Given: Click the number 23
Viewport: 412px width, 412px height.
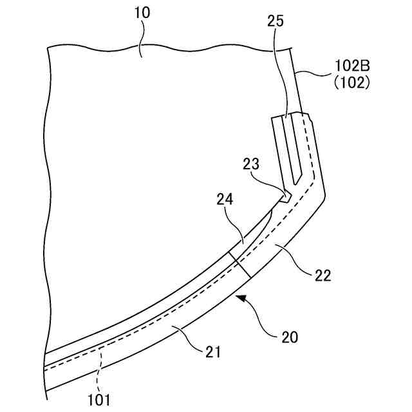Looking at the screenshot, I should [x=252, y=165].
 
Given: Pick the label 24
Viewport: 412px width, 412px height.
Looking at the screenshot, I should [x=223, y=201].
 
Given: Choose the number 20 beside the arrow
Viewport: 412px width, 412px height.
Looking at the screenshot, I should [x=289, y=335].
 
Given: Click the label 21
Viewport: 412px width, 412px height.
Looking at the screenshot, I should [x=214, y=352].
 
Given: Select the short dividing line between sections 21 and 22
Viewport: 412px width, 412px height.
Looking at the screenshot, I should [x=239, y=265].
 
